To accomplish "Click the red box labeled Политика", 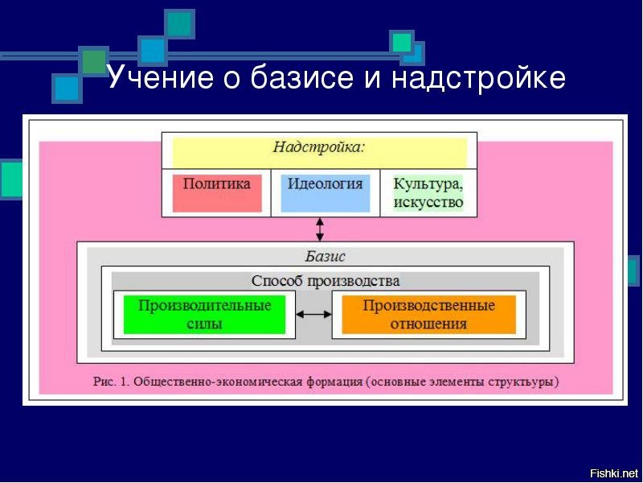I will tap(217, 192).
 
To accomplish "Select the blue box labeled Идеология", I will tap(326, 192).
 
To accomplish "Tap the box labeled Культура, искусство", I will tap(428, 192).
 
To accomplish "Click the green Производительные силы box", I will tap(204, 315).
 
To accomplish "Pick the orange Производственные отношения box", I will tap(428, 315).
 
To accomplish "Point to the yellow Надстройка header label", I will tap(319, 147).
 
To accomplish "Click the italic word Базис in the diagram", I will tap(325, 257).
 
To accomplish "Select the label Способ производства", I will tap(325, 281).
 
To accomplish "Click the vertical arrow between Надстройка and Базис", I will tap(320, 229).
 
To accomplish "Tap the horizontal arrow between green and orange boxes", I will tap(313, 315).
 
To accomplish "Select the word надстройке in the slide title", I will tap(479, 78).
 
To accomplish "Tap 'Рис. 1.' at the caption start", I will tap(110, 381).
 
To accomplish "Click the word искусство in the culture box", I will tap(428, 201).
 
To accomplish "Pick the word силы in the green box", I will tap(204, 324).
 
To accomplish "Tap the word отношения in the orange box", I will tap(428, 324).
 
